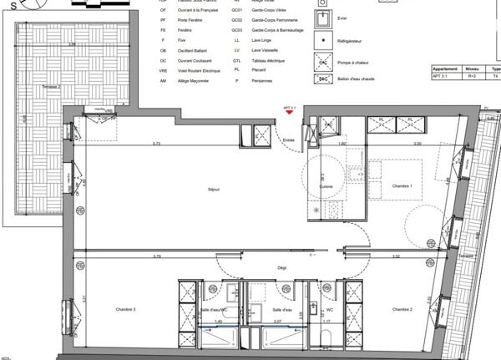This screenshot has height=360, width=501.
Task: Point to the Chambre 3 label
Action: (124, 310)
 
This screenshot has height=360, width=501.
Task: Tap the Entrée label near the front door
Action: (288, 141)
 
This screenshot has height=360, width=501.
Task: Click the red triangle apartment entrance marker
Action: (290, 120)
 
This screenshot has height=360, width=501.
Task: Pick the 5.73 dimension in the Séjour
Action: (156, 145)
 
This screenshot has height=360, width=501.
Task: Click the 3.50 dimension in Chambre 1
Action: (417, 145)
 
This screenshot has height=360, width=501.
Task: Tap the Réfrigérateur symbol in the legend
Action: (322, 38)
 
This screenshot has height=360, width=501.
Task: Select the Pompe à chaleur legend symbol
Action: (322, 60)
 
